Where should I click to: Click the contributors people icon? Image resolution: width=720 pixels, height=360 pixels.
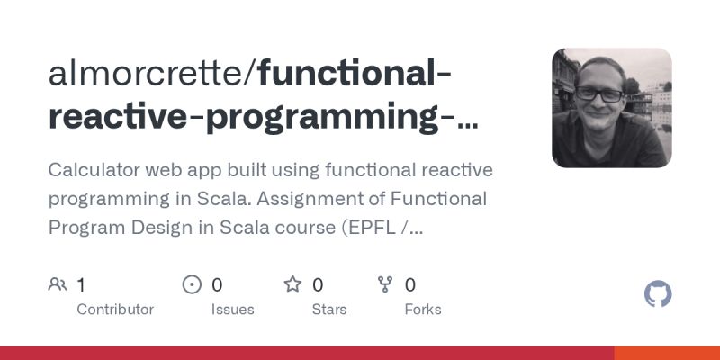(58, 285)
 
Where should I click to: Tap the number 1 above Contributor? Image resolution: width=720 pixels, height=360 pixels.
(81, 285)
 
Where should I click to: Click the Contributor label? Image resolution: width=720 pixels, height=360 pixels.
(115, 310)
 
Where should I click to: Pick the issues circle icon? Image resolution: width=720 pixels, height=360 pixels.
(192, 285)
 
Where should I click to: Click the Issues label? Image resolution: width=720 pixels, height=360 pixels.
(232, 310)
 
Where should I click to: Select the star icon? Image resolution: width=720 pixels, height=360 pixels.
(292, 285)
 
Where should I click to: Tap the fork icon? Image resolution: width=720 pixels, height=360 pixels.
(386, 285)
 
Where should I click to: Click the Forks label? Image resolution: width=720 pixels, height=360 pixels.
(423, 310)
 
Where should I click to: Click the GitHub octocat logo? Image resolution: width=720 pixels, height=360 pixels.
(658, 294)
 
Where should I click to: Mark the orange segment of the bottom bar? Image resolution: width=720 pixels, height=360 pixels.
(667, 353)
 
